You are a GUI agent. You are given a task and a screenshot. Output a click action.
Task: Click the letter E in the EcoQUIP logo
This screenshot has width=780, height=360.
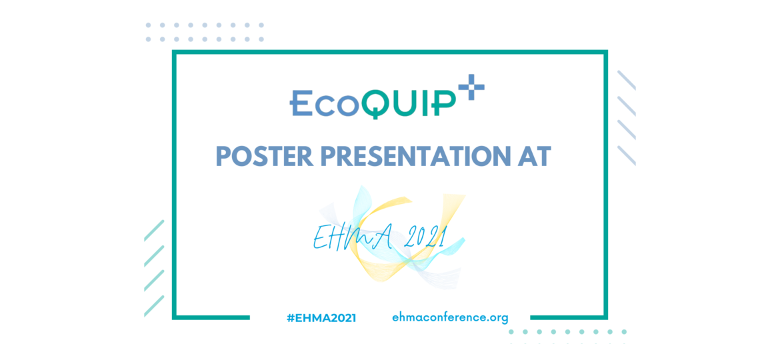(301, 103)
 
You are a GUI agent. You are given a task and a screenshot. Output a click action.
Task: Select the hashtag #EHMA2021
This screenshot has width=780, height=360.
(321, 318)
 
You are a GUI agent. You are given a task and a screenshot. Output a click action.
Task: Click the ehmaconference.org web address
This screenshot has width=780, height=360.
(451, 317)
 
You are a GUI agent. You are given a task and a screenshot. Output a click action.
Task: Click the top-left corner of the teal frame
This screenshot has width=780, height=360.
(175, 52)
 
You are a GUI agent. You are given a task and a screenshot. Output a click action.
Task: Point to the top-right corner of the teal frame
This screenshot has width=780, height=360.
(605, 52)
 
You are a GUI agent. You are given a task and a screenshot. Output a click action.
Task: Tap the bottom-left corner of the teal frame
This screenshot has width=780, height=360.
(175, 317)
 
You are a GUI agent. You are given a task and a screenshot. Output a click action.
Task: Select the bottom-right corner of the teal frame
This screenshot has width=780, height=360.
(605, 317)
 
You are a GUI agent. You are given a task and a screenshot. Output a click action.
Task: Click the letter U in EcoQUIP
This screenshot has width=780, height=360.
(405, 103)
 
